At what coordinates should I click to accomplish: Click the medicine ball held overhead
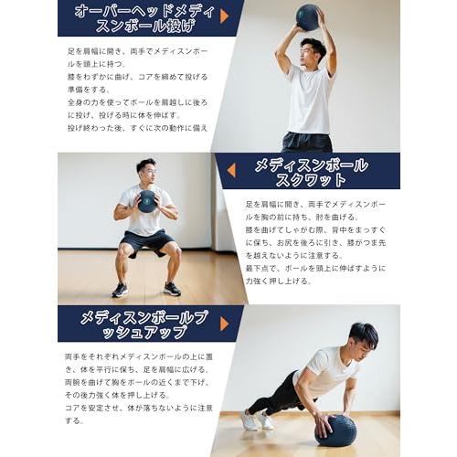tap(308, 17)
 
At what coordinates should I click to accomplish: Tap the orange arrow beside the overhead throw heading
tap(224, 16)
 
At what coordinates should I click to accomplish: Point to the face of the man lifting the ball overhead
tap(314, 51)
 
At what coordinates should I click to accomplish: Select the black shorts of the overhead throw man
tap(307, 142)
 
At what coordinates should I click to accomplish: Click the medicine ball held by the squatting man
tap(147, 201)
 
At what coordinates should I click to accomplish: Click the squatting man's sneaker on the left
tap(120, 289)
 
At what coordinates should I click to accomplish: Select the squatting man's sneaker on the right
tap(172, 288)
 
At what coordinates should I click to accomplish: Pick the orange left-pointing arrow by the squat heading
tap(230, 170)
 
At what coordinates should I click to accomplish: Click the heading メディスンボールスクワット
tap(311, 171)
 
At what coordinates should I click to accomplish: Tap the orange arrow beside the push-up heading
tap(224, 324)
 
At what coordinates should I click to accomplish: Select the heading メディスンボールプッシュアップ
tap(144, 324)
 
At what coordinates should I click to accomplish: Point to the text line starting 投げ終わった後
tap(137, 128)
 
